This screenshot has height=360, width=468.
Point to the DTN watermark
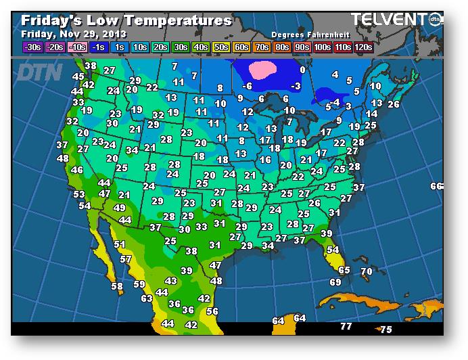pyautogui.click(x=41, y=72)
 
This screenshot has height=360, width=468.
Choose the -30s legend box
pyautogui.click(x=32, y=47)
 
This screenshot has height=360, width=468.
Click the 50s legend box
pyautogui.click(x=220, y=47)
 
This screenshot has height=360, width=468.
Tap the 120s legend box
pyautogui.click(x=362, y=47)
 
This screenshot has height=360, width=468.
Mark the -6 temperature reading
pyautogui.click(x=248, y=87)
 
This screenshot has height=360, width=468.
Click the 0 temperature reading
pyautogui.click(x=302, y=70)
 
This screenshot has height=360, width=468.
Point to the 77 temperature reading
pyautogui.click(x=346, y=327)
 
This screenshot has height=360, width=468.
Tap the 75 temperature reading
pyautogui.click(x=385, y=330)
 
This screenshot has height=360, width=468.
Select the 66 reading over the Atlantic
pyautogui.click(x=436, y=187)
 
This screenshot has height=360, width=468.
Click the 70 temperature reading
pyautogui.click(x=367, y=272)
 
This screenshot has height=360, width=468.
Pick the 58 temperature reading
pyautogui.click(x=117, y=287)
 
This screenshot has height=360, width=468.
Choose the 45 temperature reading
pyautogui.click(x=78, y=77)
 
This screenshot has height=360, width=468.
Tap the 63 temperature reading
pyautogui.click(x=147, y=298)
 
